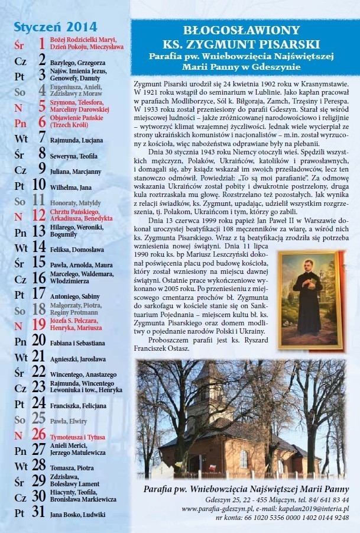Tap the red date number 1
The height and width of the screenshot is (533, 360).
[x=42, y=43]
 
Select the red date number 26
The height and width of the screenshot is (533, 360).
[x=38, y=434]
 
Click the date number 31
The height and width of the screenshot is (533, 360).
[x=38, y=513]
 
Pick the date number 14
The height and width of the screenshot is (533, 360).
[x=38, y=247]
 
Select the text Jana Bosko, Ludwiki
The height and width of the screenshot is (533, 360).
[x=77, y=515]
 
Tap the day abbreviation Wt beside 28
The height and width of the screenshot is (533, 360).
[x=21, y=467]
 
